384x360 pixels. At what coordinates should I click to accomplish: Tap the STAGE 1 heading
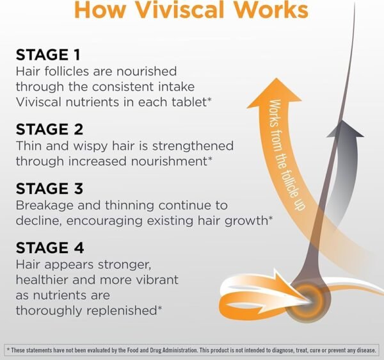(48, 54)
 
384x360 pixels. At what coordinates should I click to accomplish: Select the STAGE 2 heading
(49, 129)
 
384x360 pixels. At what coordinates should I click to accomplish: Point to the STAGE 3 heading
(49, 188)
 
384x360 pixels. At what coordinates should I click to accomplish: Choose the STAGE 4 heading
(50, 247)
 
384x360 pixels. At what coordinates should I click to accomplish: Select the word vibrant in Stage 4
(157, 280)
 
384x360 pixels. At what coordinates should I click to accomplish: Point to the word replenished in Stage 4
(122, 311)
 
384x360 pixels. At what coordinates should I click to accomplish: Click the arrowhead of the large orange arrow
(275, 93)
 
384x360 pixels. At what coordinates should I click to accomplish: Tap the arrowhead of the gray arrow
(346, 129)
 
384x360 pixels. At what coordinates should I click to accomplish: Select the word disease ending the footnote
(365, 350)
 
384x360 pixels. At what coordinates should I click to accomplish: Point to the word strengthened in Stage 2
(193, 146)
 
